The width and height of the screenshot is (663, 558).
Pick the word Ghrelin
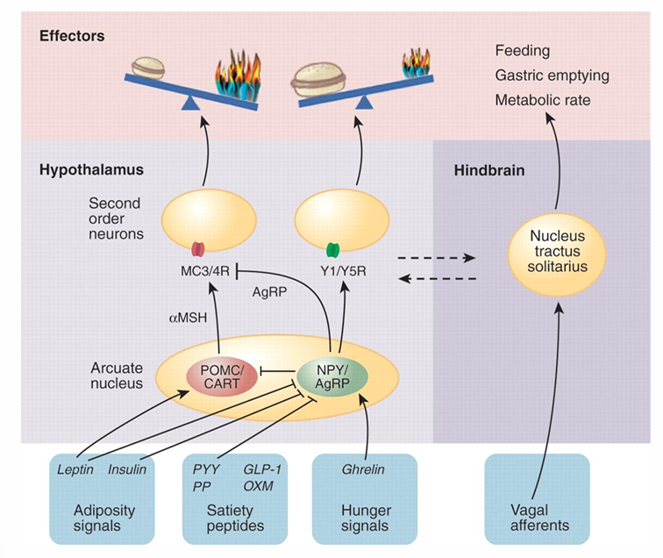click(361, 469)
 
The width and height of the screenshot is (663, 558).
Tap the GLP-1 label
click(260, 469)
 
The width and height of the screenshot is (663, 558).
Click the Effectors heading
click(72, 36)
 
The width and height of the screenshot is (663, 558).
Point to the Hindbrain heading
click(488, 169)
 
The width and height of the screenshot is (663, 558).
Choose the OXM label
click(259, 484)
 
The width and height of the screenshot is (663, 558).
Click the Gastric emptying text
click(552, 75)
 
